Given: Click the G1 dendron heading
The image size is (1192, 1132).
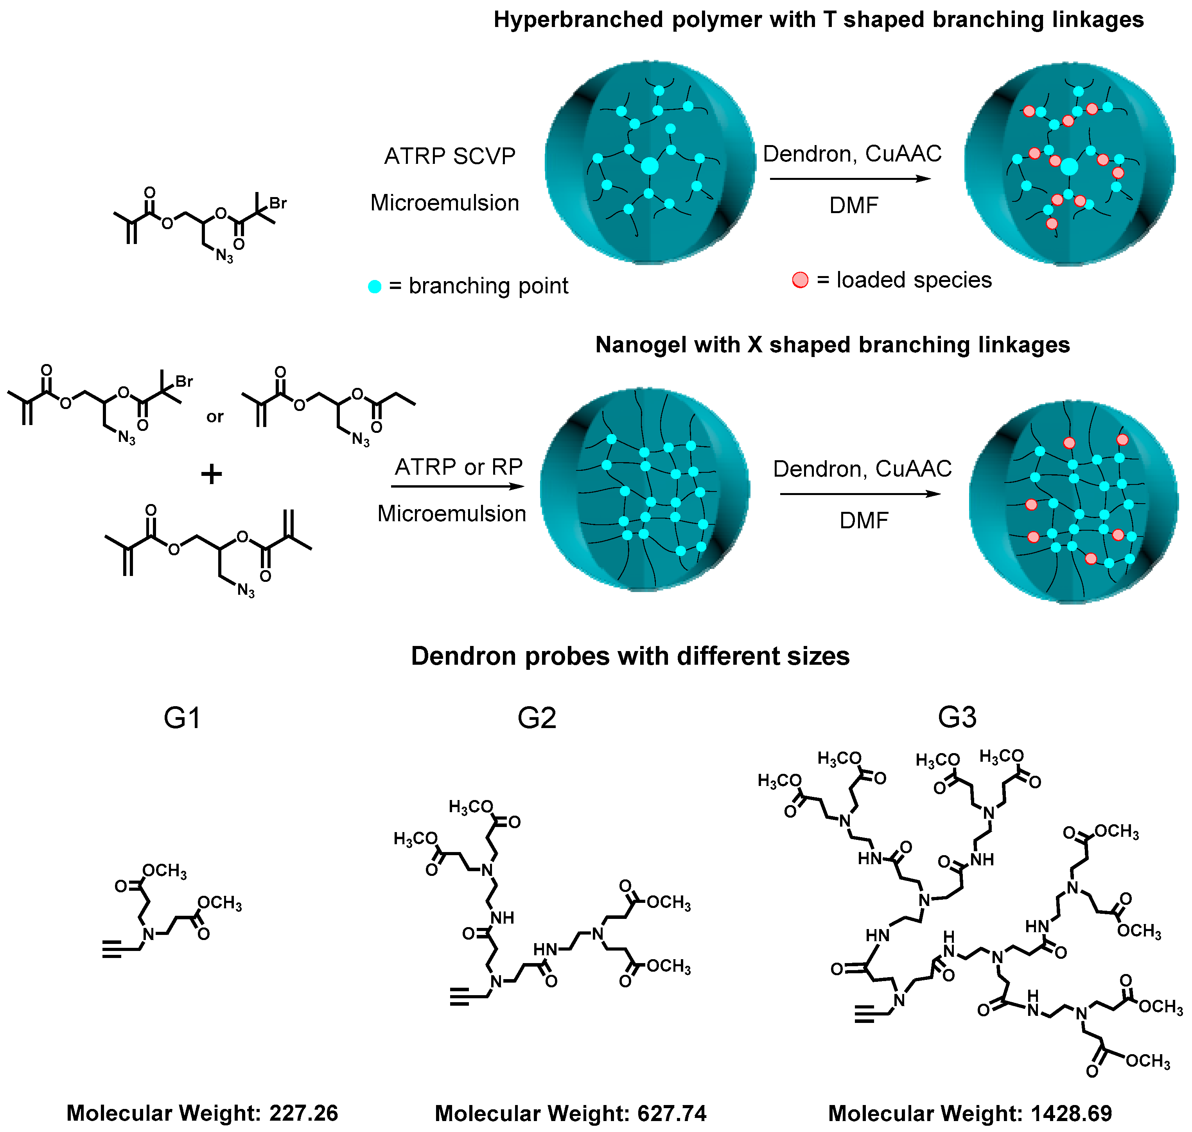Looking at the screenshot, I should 182,718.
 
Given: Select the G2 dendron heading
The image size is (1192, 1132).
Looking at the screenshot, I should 537,718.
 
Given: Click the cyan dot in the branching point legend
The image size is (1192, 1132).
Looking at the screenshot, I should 375,287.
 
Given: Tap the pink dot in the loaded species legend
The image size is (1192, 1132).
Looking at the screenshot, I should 800,280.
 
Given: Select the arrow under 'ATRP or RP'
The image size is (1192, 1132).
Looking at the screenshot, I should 458,486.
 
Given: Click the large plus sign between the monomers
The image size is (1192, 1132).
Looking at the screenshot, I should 211,474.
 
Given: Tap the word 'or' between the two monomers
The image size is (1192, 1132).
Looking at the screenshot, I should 215,417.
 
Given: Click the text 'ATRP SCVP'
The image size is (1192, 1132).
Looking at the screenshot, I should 450,156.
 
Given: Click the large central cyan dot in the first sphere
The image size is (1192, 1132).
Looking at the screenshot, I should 650,165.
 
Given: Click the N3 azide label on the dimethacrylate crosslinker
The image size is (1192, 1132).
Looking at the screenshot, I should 246,590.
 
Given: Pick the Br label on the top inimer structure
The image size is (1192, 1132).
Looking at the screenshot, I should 278,203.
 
